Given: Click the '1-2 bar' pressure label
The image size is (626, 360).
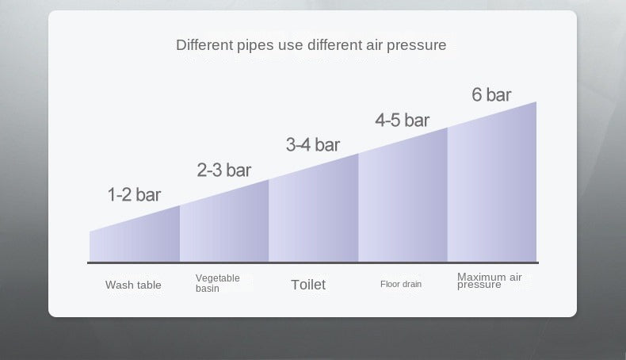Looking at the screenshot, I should [134, 195].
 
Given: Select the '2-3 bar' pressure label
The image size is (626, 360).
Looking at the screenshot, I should [223, 170].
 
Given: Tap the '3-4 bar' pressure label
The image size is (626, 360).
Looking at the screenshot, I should [312, 145].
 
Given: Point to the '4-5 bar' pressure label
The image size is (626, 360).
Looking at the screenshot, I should [402, 121].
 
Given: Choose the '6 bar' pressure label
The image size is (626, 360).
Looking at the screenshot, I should [491, 95].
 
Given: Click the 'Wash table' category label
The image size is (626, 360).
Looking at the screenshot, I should [133, 285].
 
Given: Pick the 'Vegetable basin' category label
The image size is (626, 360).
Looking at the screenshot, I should [217, 283].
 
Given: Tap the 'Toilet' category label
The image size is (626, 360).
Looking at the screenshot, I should [307, 285].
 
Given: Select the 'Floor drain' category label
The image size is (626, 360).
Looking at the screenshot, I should [401, 284].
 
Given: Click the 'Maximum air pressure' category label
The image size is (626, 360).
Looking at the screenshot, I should [489, 281].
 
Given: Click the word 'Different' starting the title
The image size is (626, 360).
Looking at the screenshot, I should [204, 45].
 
